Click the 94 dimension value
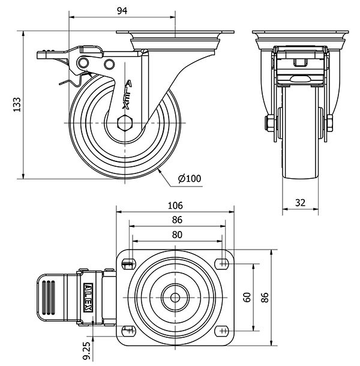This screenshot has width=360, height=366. pos(122,10)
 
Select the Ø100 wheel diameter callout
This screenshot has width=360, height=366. pos(190,178)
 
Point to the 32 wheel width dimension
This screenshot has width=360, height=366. pos(300,203)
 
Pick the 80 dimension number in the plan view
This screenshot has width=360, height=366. pos(176,235)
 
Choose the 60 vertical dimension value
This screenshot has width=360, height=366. pos(247,298)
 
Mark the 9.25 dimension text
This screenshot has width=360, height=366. pos(87,350)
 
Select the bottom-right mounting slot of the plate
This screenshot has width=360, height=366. pos(223,331)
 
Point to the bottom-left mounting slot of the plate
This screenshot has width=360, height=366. pos(128,331)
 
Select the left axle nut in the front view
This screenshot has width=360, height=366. pos(269,124)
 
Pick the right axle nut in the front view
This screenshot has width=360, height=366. pos(329,124)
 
